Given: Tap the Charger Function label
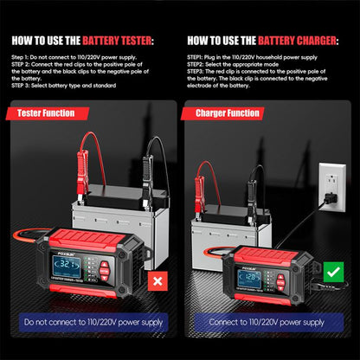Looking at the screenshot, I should pyautogui.click(x=228, y=112).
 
